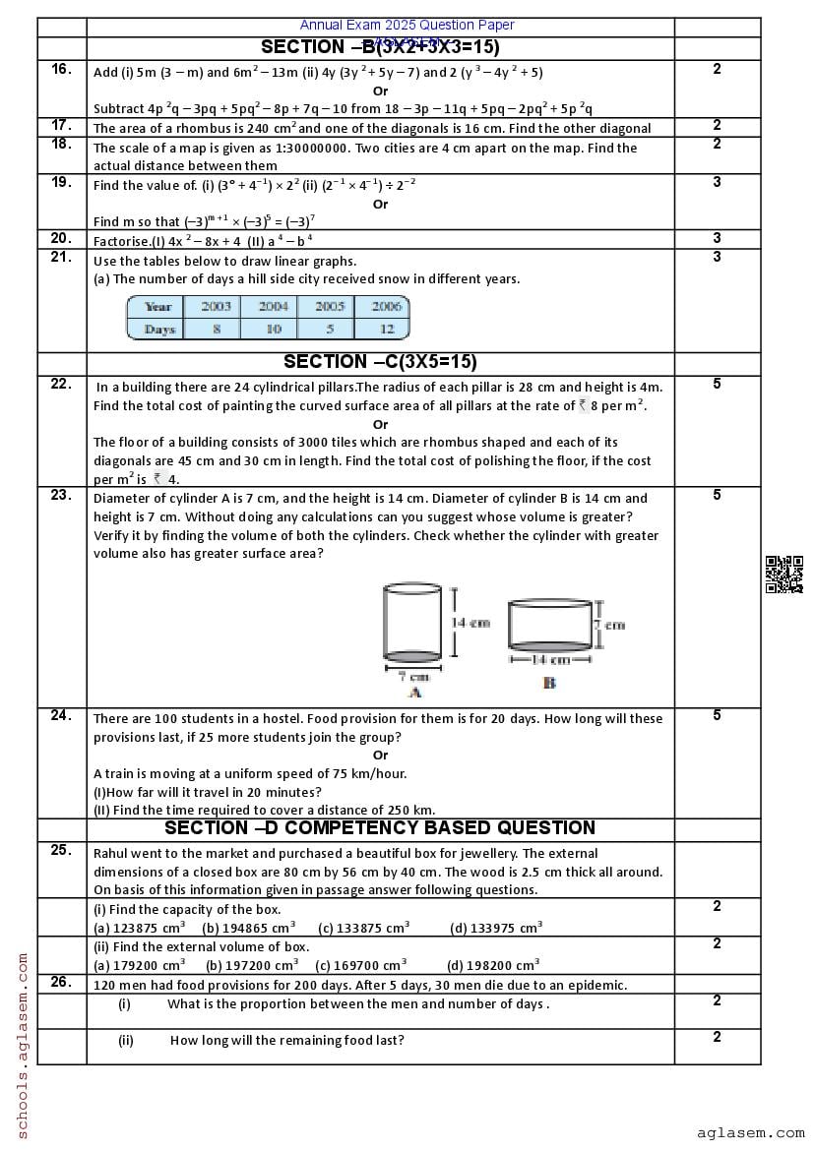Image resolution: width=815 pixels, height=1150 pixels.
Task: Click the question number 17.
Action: [x=61, y=125]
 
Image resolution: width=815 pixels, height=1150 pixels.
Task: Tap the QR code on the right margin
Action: [x=784, y=575]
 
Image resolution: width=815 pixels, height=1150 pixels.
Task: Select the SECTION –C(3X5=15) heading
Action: [x=380, y=362]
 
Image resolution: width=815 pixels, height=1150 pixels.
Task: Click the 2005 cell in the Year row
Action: [x=330, y=307]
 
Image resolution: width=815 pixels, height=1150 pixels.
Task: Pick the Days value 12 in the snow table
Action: [x=387, y=330]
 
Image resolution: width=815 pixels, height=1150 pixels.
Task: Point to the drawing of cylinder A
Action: [x=413, y=622]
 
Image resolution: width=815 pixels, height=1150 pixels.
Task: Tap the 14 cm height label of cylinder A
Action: [x=470, y=623]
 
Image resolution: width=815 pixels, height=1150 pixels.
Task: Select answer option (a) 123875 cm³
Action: [x=139, y=928]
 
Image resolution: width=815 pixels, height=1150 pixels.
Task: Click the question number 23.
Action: [x=61, y=495]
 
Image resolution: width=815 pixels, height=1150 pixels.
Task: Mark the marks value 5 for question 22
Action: [x=717, y=384]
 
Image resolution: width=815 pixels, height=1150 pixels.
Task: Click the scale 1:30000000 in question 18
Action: [x=287, y=148]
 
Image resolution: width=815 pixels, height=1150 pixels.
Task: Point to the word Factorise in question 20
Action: [x=121, y=240]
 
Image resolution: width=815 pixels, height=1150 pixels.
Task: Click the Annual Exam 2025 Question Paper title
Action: [x=407, y=25]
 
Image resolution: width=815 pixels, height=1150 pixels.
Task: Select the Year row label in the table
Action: [x=157, y=307]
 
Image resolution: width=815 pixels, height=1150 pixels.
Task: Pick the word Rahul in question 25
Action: [x=111, y=853]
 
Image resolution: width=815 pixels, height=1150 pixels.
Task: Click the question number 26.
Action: [x=61, y=982]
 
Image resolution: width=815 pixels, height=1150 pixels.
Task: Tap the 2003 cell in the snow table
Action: [x=216, y=307]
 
